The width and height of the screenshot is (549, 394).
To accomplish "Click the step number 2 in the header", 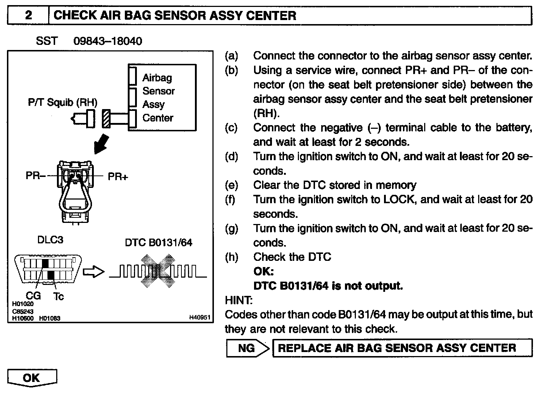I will coord(28,15).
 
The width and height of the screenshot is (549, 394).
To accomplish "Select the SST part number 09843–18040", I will coord(108,41).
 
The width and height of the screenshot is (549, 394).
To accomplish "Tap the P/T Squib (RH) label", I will coord(62,102).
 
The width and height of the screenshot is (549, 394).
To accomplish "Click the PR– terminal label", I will coord(35,176).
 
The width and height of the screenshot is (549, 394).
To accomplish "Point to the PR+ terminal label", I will coord(118,177).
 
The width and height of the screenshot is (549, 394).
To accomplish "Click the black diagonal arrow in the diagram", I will coord(101,143).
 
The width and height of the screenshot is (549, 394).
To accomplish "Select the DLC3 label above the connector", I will coord(50,240).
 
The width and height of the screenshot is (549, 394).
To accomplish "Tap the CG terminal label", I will coord(33,296).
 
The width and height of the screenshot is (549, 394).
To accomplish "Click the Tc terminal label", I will coord(58,296).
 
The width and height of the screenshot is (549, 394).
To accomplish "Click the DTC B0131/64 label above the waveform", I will coord(158,242).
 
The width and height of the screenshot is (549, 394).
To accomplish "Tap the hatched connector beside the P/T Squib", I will coord(106,119).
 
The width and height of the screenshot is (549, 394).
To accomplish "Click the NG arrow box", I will coord(247,348).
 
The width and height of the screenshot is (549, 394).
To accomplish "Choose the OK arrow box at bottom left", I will coord(32,378).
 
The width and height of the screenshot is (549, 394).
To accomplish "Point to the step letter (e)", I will coord(231,185).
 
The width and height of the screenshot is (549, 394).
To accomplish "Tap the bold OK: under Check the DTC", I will coord(263,271).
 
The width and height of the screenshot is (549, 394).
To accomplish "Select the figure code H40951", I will coord(199,318).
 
